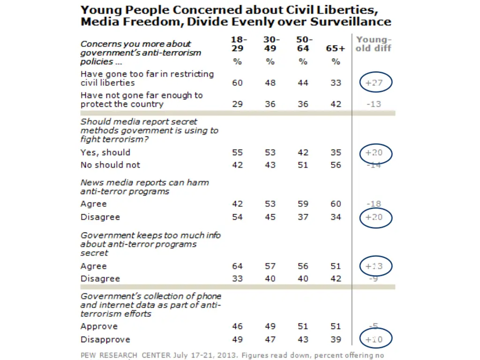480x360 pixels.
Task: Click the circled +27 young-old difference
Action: (x=374, y=82)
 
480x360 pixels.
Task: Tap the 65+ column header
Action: (x=336, y=49)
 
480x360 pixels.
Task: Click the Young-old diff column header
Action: (x=373, y=44)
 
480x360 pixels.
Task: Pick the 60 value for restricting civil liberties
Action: (x=238, y=82)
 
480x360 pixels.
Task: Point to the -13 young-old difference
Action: (x=374, y=104)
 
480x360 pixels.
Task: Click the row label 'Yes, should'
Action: (x=105, y=152)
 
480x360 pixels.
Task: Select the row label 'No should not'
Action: (x=110, y=165)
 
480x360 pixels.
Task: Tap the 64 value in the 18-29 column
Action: (x=238, y=266)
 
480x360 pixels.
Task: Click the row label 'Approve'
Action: (x=99, y=326)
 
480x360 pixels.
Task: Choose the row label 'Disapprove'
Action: (x=105, y=339)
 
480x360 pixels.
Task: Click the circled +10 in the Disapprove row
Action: (x=374, y=339)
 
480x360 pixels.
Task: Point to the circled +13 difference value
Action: (x=374, y=266)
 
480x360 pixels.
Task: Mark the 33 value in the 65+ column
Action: (x=336, y=82)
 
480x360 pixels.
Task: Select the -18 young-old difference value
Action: (x=374, y=204)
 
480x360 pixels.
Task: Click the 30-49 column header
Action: (x=270, y=44)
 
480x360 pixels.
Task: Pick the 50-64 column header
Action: (x=303, y=44)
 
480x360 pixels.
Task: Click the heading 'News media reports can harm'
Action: (x=145, y=182)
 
